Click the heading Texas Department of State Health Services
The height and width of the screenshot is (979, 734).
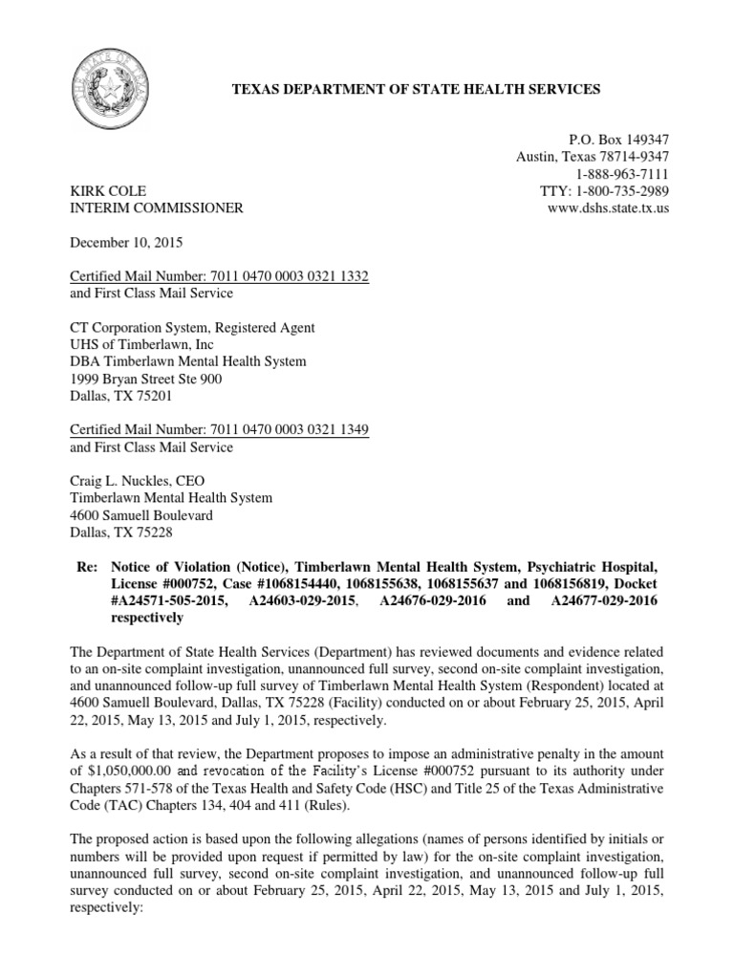point(418,89)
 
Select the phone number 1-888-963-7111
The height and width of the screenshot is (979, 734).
point(622,174)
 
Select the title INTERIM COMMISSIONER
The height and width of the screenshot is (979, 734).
point(157,208)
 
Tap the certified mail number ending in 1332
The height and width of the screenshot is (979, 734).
point(220,276)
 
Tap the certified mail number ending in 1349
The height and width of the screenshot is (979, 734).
point(220,430)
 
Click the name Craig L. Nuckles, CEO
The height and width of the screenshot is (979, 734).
point(138,481)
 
